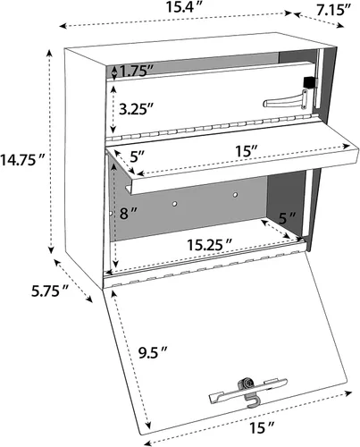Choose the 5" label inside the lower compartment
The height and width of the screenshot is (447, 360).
click(285, 217)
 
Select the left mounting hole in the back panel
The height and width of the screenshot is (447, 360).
click(176, 203)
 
